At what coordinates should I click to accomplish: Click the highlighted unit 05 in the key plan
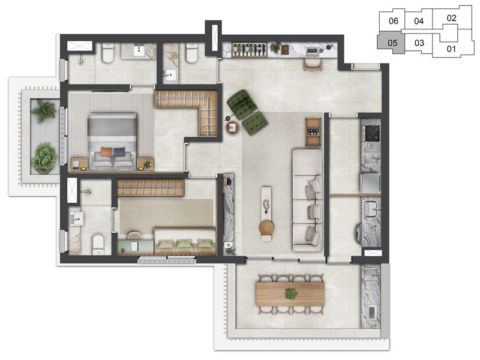[x=391, y=43]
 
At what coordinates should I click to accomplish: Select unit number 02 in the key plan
[x=451, y=18]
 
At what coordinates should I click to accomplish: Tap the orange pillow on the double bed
[x=106, y=152]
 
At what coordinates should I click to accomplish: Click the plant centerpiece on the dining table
[x=291, y=294]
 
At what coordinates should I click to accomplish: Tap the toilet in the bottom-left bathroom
[x=98, y=243]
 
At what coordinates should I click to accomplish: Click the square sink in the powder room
[x=170, y=75]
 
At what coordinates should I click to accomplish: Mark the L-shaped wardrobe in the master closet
[x=192, y=108]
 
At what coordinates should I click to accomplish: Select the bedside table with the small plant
[x=146, y=163]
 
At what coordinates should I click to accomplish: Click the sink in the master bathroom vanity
[x=139, y=52]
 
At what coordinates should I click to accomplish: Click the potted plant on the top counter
[x=276, y=48]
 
